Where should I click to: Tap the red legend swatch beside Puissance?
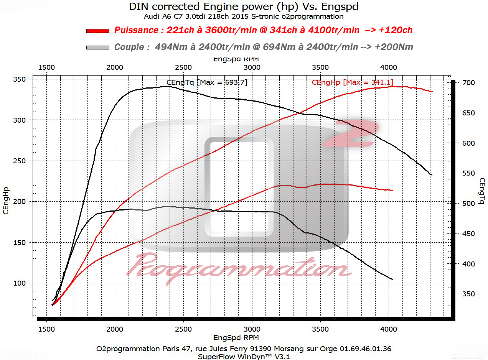coord(98,30)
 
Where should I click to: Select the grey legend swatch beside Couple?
coord(98,47)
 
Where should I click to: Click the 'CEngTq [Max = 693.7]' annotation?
coord(207,82)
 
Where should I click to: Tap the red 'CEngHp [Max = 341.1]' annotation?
coord(352,82)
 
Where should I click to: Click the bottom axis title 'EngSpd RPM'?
coord(236,338)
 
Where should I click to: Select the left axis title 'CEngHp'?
coord(6,201)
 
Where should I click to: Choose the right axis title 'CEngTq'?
coord(482,191)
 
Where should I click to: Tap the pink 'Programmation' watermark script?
coord(238,266)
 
